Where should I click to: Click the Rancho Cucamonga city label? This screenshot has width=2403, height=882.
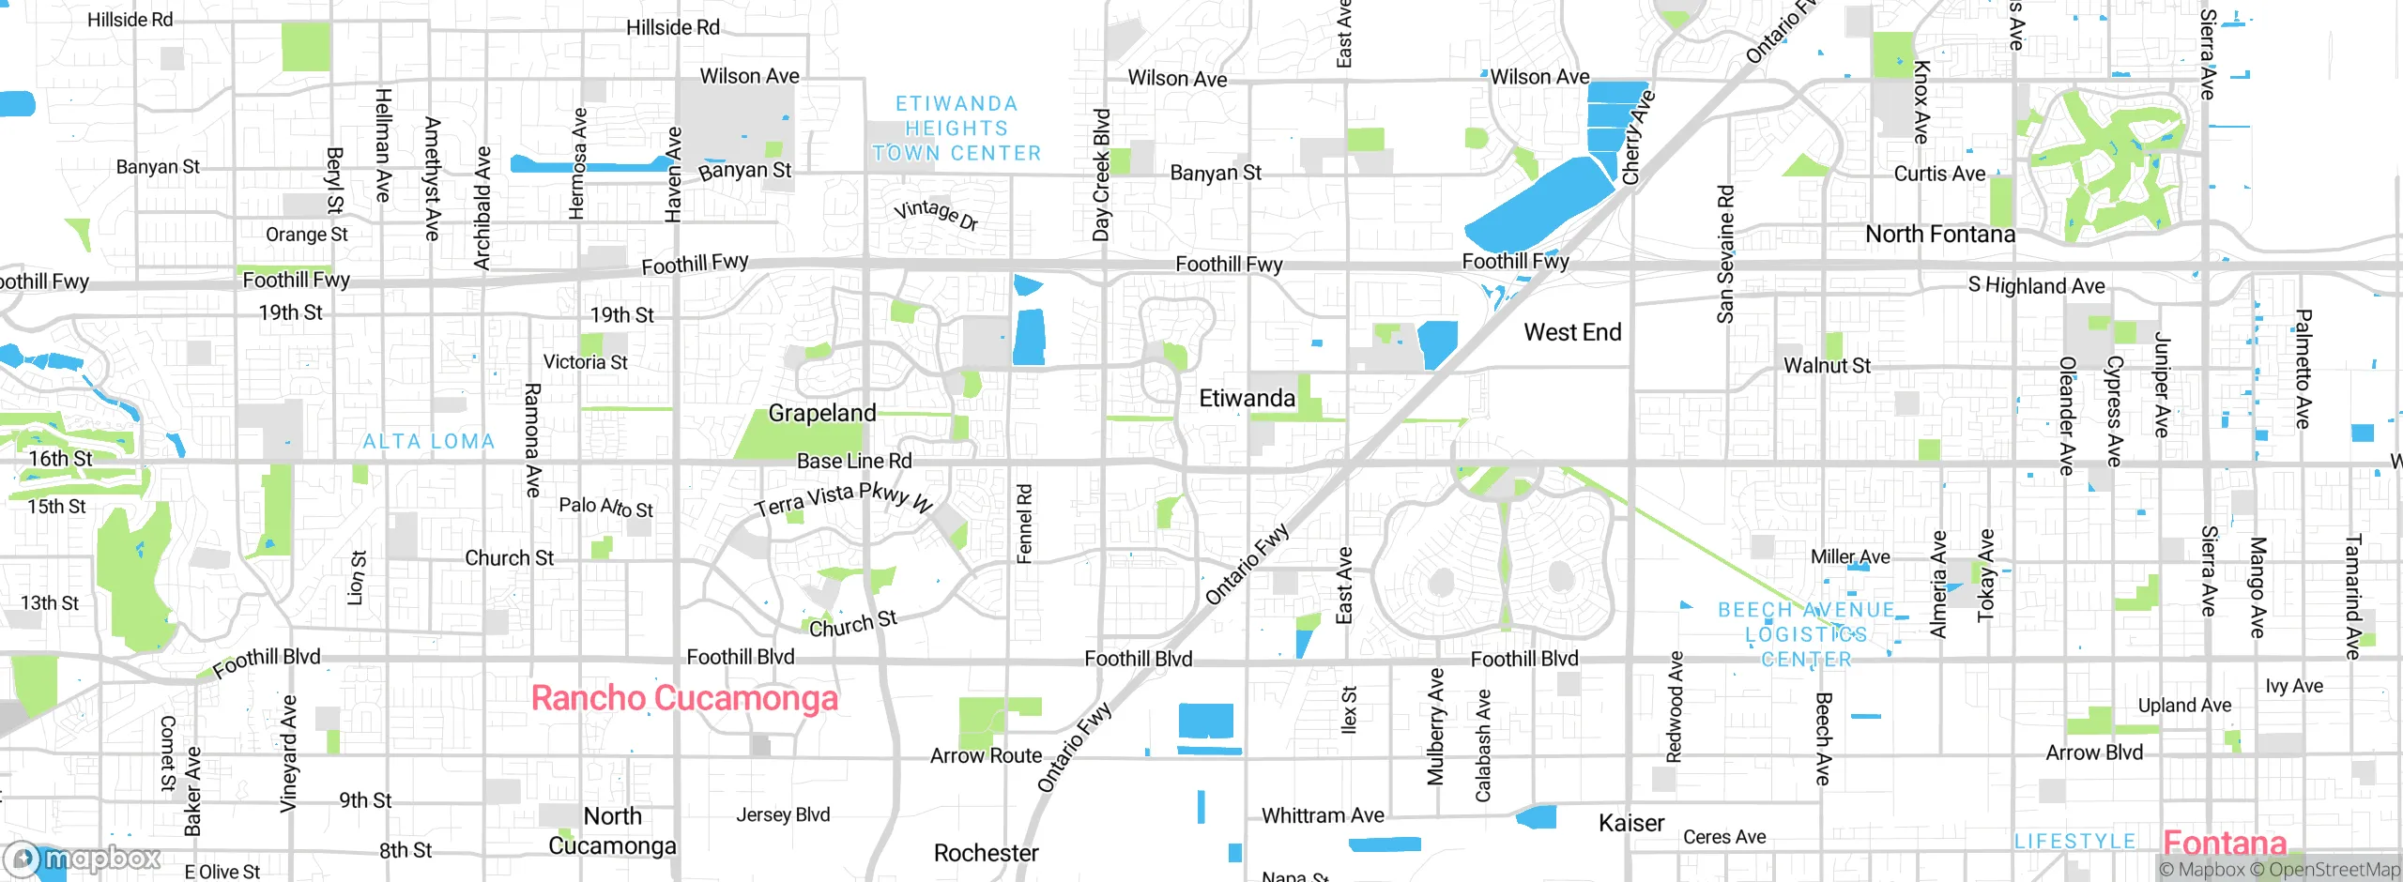(684, 698)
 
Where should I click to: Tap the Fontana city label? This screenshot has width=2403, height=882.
(2225, 843)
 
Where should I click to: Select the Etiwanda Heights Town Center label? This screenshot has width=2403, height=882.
(957, 129)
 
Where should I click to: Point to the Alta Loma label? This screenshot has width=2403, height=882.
(429, 441)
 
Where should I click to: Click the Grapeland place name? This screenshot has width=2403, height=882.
(822, 413)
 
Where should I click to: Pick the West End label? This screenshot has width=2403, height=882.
(1572, 332)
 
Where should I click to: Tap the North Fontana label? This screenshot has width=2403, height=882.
(1939, 234)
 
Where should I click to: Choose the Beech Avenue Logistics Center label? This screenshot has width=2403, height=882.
(1806, 634)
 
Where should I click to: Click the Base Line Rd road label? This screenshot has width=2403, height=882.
(854, 461)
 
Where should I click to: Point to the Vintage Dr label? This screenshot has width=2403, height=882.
(936, 214)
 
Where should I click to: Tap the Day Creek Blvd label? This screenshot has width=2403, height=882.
(1102, 175)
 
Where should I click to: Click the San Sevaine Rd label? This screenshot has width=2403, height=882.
(1725, 253)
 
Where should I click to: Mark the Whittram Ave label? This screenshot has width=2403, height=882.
(1323, 815)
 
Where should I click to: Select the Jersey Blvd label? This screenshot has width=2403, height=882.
(783, 814)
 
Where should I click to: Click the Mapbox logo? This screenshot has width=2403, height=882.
(83, 858)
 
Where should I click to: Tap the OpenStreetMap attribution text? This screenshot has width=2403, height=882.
(2334, 870)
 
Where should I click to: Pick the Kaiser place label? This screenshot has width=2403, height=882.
(1631, 823)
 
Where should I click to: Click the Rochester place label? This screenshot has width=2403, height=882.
(986, 853)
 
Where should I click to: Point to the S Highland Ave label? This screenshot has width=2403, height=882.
(2036, 285)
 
